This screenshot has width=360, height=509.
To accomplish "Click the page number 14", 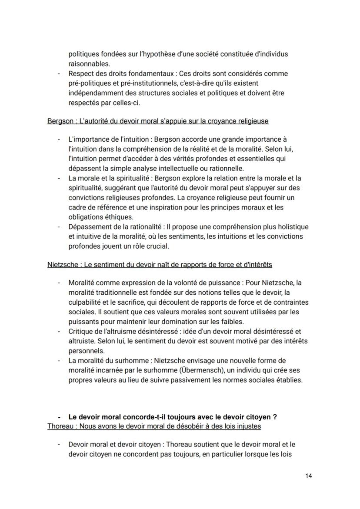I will (308, 476).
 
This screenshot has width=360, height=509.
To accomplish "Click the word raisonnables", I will (89, 64).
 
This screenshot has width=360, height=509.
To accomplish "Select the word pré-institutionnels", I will (140, 83).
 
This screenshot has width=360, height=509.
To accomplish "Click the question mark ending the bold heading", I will (275, 417).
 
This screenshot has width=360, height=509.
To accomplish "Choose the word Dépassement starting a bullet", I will (89, 227).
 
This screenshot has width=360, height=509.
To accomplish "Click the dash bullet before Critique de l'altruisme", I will (59, 332).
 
